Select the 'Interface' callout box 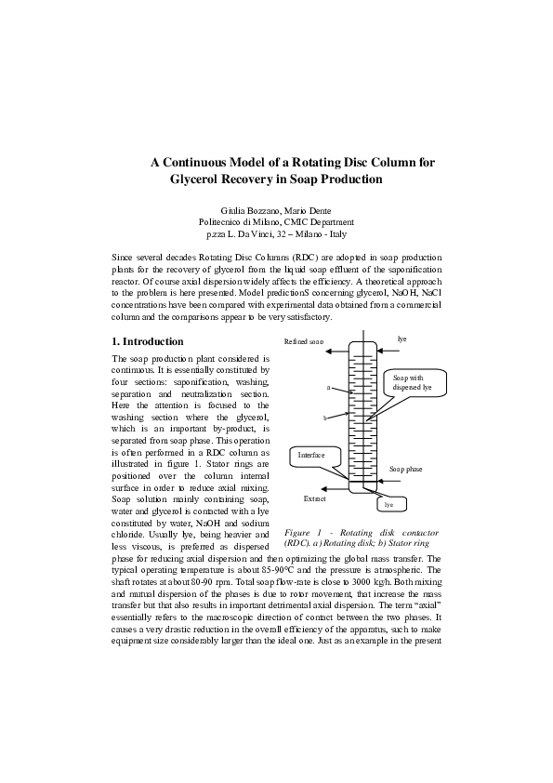coord(310,456)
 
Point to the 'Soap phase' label coord(405,470)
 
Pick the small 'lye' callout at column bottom coord(389,504)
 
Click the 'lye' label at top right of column coord(402,339)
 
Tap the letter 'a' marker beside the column coord(329,385)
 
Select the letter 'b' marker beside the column coord(324,418)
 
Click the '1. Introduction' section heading coord(147,341)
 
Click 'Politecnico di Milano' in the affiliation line coord(240,222)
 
